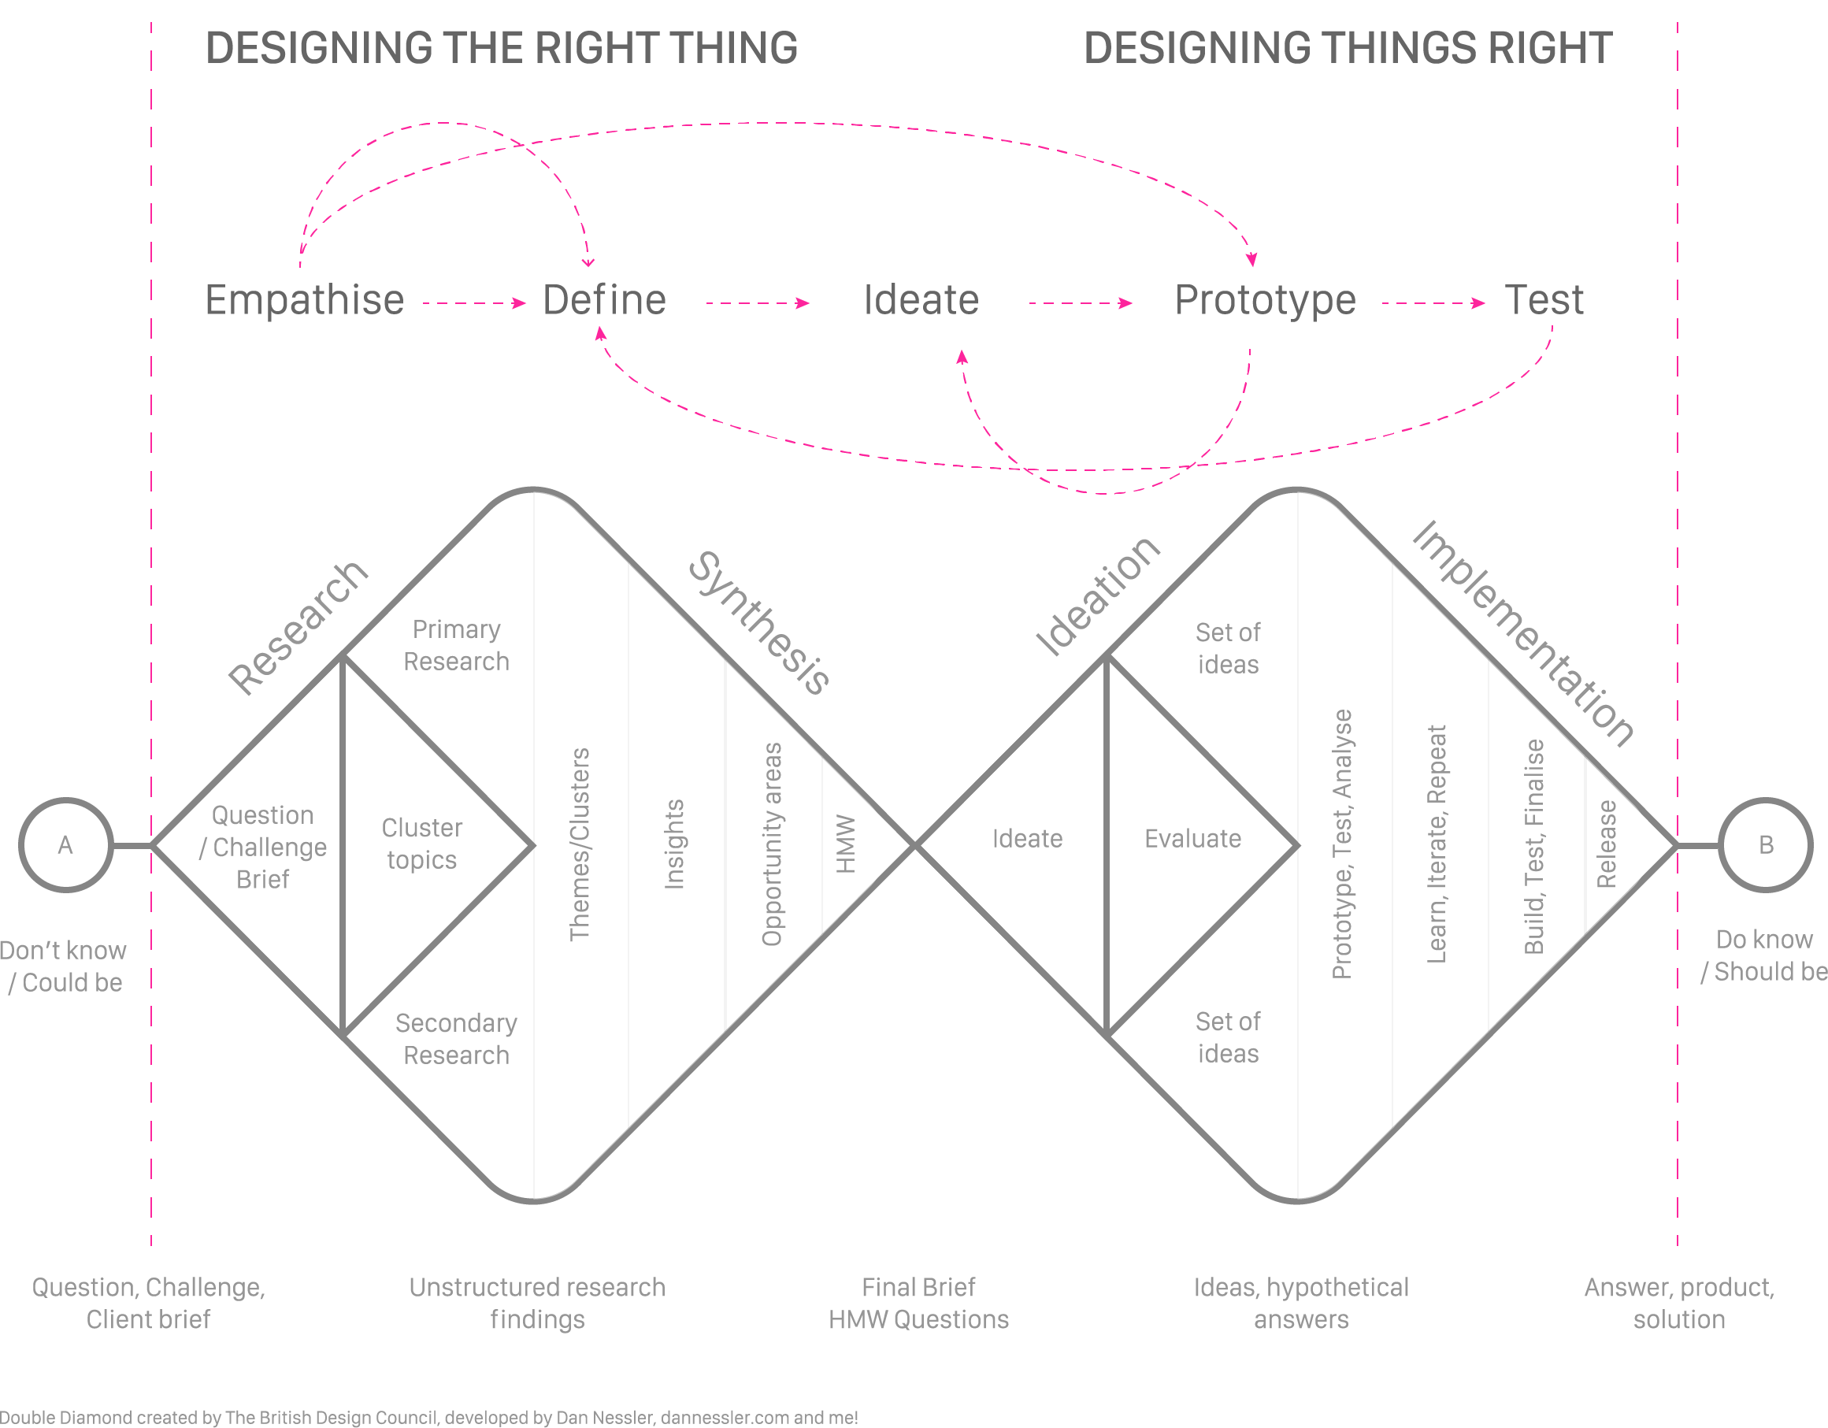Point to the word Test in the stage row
[1544, 299]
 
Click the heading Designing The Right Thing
[502, 48]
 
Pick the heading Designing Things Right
[1348, 48]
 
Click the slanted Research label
[298, 628]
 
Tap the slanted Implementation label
[1523, 632]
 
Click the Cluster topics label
[422, 844]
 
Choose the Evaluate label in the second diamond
[1192, 839]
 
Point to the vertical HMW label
[845, 844]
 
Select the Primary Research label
[456, 645]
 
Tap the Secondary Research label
[456, 1039]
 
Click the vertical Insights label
[673, 844]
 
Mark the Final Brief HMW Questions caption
[919, 1304]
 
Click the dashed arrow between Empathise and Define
[475, 303]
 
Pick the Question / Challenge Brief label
[263, 847]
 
